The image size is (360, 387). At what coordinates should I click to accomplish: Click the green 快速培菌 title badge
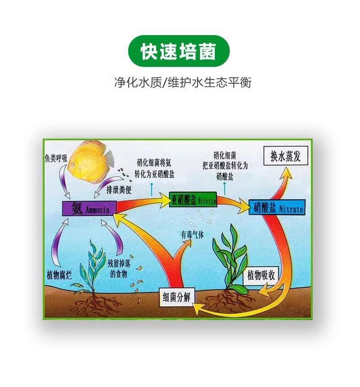[179, 51]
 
